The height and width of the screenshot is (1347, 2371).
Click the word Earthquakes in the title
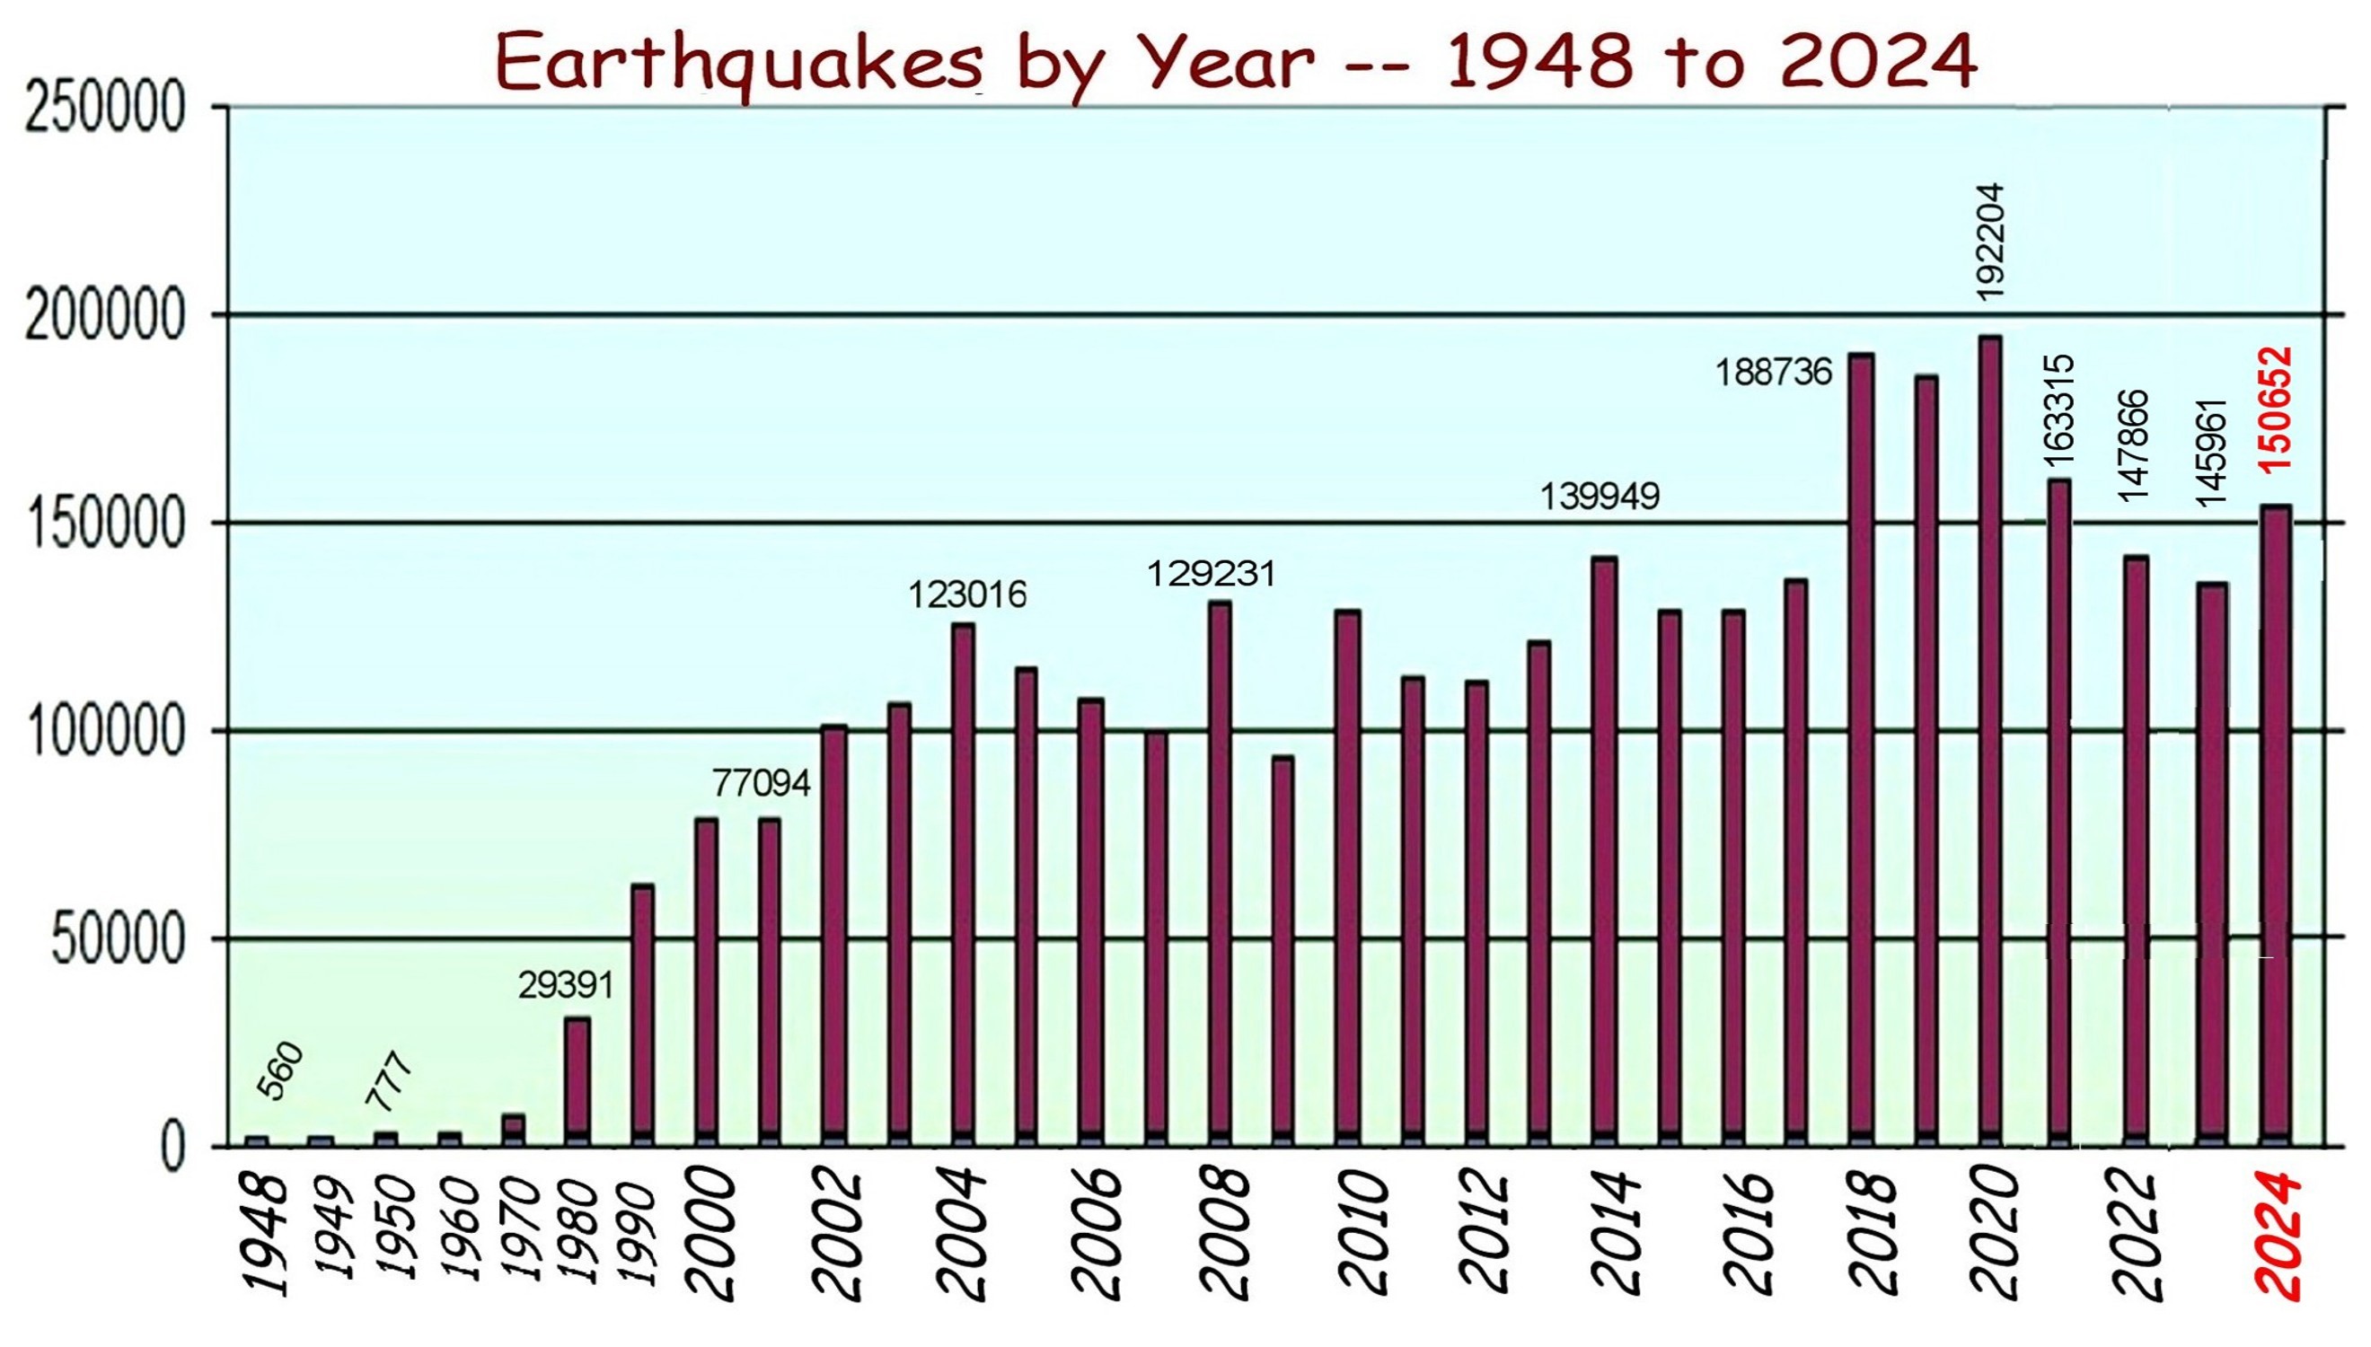[x=739, y=64]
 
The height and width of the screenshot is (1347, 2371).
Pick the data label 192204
[x=1990, y=241]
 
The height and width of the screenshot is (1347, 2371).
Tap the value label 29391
[x=566, y=986]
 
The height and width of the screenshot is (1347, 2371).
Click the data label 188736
[x=1774, y=373]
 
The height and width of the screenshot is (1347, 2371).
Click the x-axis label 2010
[x=1362, y=1236]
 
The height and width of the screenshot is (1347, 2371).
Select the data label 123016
[x=966, y=594]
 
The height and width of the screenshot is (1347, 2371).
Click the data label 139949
[x=1600, y=497]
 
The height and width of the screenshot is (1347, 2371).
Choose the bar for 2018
[x=1861, y=749]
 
